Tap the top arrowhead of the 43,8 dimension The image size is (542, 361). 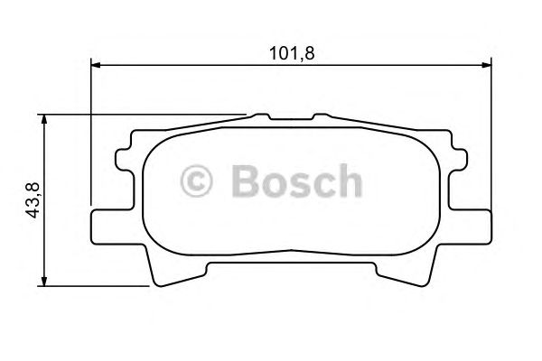click(x=44, y=118)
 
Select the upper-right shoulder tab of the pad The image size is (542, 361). click(x=455, y=162)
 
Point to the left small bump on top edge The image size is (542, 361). click(x=262, y=116)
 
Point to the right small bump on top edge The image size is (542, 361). click(x=321, y=116)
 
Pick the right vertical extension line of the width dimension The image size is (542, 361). click(x=491, y=135)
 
